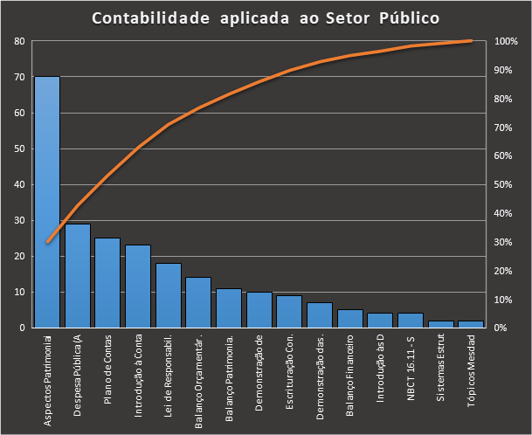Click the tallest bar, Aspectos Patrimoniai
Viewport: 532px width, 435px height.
(47, 201)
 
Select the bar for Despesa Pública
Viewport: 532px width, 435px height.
(78, 275)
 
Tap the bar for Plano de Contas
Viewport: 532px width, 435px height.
(107, 282)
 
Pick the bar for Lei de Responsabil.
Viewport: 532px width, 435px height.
(168, 295)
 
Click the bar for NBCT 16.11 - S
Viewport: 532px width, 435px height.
(410, 320)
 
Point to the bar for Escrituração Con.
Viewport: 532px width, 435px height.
(289, 311)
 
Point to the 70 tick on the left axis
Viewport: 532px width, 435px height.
(19, 77)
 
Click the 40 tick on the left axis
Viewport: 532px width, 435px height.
(19, 184)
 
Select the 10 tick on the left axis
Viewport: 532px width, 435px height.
(19, 292)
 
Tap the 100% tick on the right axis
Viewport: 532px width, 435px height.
(507, 41)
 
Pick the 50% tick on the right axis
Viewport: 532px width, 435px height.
(505, 184)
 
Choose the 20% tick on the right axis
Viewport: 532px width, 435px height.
(505, 271)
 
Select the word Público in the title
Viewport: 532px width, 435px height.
(406, 17)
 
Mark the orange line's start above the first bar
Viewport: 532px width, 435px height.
(47, 242)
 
